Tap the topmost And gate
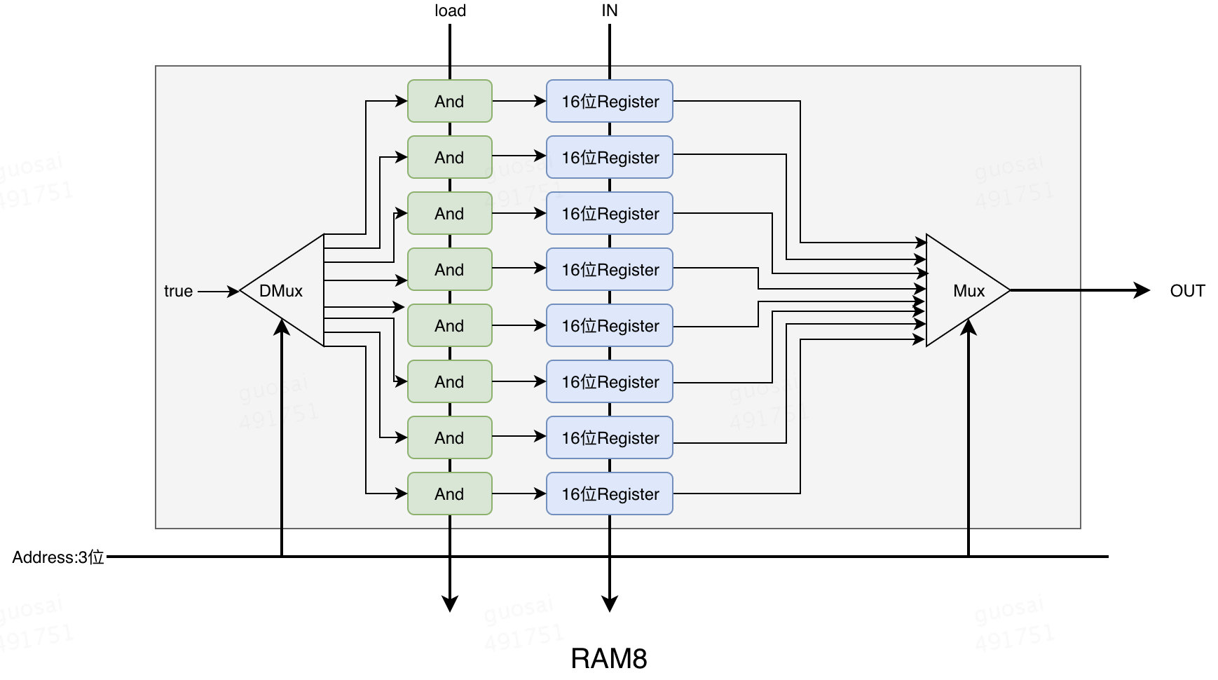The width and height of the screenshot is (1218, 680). [449, 101]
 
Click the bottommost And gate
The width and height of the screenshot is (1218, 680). [449, 494]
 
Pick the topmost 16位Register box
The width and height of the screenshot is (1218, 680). [609, 101]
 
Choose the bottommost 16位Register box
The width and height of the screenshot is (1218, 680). [609, 494]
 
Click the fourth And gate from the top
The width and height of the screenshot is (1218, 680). [449, 269]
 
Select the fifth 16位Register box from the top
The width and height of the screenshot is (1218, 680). [609, 325]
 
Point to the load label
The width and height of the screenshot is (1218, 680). [450, 11]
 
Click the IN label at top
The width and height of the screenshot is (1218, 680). [609, 11]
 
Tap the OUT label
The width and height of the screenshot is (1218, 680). [1186, 290]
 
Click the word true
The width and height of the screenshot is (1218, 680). [178, 291]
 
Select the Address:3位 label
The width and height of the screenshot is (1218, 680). [58, 557]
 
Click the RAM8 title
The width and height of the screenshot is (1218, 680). [608, 658]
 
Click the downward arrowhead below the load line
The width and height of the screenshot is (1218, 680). [450, 603]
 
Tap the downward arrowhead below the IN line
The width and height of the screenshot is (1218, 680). [610, 603]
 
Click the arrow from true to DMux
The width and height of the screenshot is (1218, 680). [218, 291]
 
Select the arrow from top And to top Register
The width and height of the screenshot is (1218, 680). [519, 101]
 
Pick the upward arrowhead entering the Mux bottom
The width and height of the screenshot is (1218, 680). [969, 327]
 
